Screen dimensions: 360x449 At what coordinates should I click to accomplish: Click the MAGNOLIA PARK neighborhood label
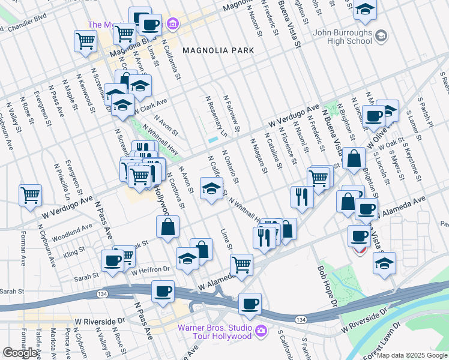(x=218, y=51)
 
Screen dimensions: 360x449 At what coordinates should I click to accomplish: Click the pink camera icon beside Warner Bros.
(x=261, y=330)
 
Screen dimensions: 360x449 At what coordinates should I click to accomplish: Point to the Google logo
(x=20, y=353)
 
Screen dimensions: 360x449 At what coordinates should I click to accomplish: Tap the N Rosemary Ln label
(x=216, y=115)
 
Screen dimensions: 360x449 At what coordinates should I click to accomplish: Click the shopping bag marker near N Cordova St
(x=167, y=226)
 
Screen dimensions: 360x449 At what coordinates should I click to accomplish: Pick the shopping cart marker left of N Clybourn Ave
(x=30, y=195)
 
